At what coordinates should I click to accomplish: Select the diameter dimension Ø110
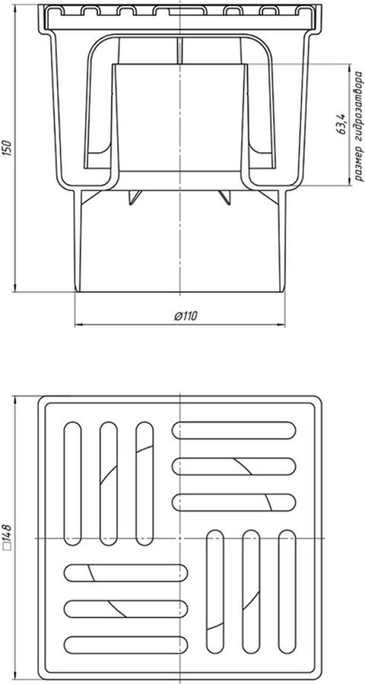pyautogui.click(x=186, y=316)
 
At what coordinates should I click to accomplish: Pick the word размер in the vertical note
pyautogui.click(x=358, y=163)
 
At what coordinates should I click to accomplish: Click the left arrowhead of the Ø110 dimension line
pyautogui.click(x=78, y=325)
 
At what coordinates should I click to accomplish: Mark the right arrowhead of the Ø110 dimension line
pyautogui.click(x=281, y=325)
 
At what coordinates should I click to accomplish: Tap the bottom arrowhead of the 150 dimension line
pyautogui.click(x=15, y=288)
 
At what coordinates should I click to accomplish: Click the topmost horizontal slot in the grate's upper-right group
pyautogui.click(x=234, y=430)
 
